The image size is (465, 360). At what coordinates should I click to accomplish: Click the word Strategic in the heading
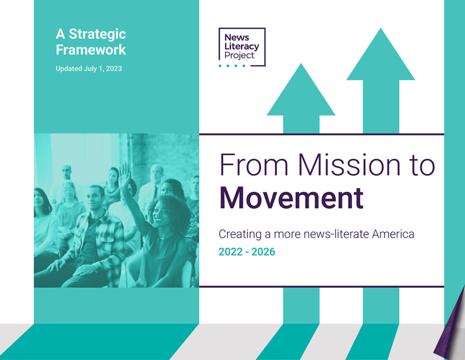click(98, 35)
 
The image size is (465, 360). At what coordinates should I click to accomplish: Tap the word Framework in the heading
click(91, 49)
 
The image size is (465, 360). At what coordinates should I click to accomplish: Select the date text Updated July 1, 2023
click(89, 69)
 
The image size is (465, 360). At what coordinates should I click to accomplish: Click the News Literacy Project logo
click(242, 48)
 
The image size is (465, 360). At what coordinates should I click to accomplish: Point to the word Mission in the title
click(349, 165)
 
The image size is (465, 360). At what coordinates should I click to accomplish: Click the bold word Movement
click(292, 198)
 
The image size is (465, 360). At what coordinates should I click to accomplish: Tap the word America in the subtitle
click(393, 234)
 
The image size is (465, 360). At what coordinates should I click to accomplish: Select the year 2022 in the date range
click(230, 252)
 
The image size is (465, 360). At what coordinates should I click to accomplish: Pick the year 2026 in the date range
click(263, 252)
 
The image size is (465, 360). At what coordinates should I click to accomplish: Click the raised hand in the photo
click(125, 176)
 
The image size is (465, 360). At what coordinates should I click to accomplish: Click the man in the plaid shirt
click(92, 238)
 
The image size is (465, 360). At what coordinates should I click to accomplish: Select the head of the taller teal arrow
click(381, 54)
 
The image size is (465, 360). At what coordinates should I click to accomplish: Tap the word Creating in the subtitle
click(240, 234)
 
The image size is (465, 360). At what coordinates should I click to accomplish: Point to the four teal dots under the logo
click(232, 66)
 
